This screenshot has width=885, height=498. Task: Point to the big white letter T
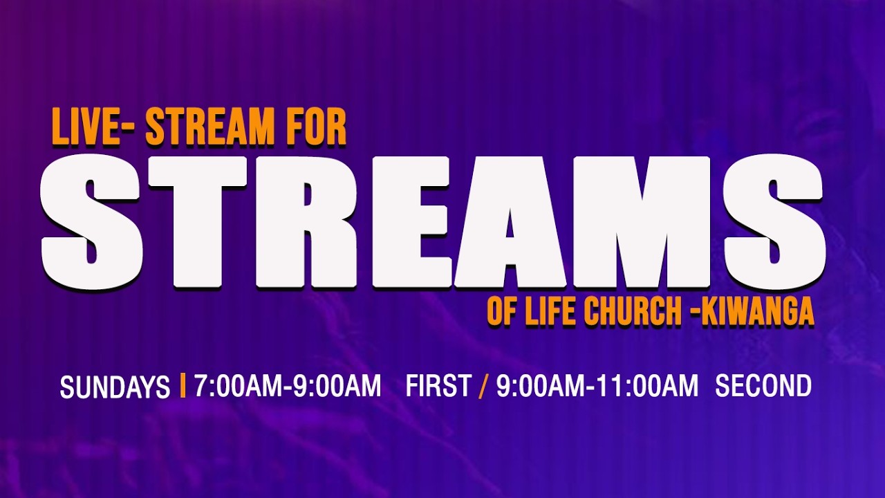(x=197, y=223)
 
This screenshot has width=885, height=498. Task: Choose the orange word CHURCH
(x=633, y=312)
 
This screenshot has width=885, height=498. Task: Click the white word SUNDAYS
(x=115, y=387)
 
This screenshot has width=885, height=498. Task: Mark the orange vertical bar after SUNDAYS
(x=183, y=385)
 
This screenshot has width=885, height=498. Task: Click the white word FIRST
(x=438, y=386)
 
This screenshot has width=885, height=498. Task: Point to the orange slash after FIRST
(x=483, y=386)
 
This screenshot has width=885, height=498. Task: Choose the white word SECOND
(x=763, y=386)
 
